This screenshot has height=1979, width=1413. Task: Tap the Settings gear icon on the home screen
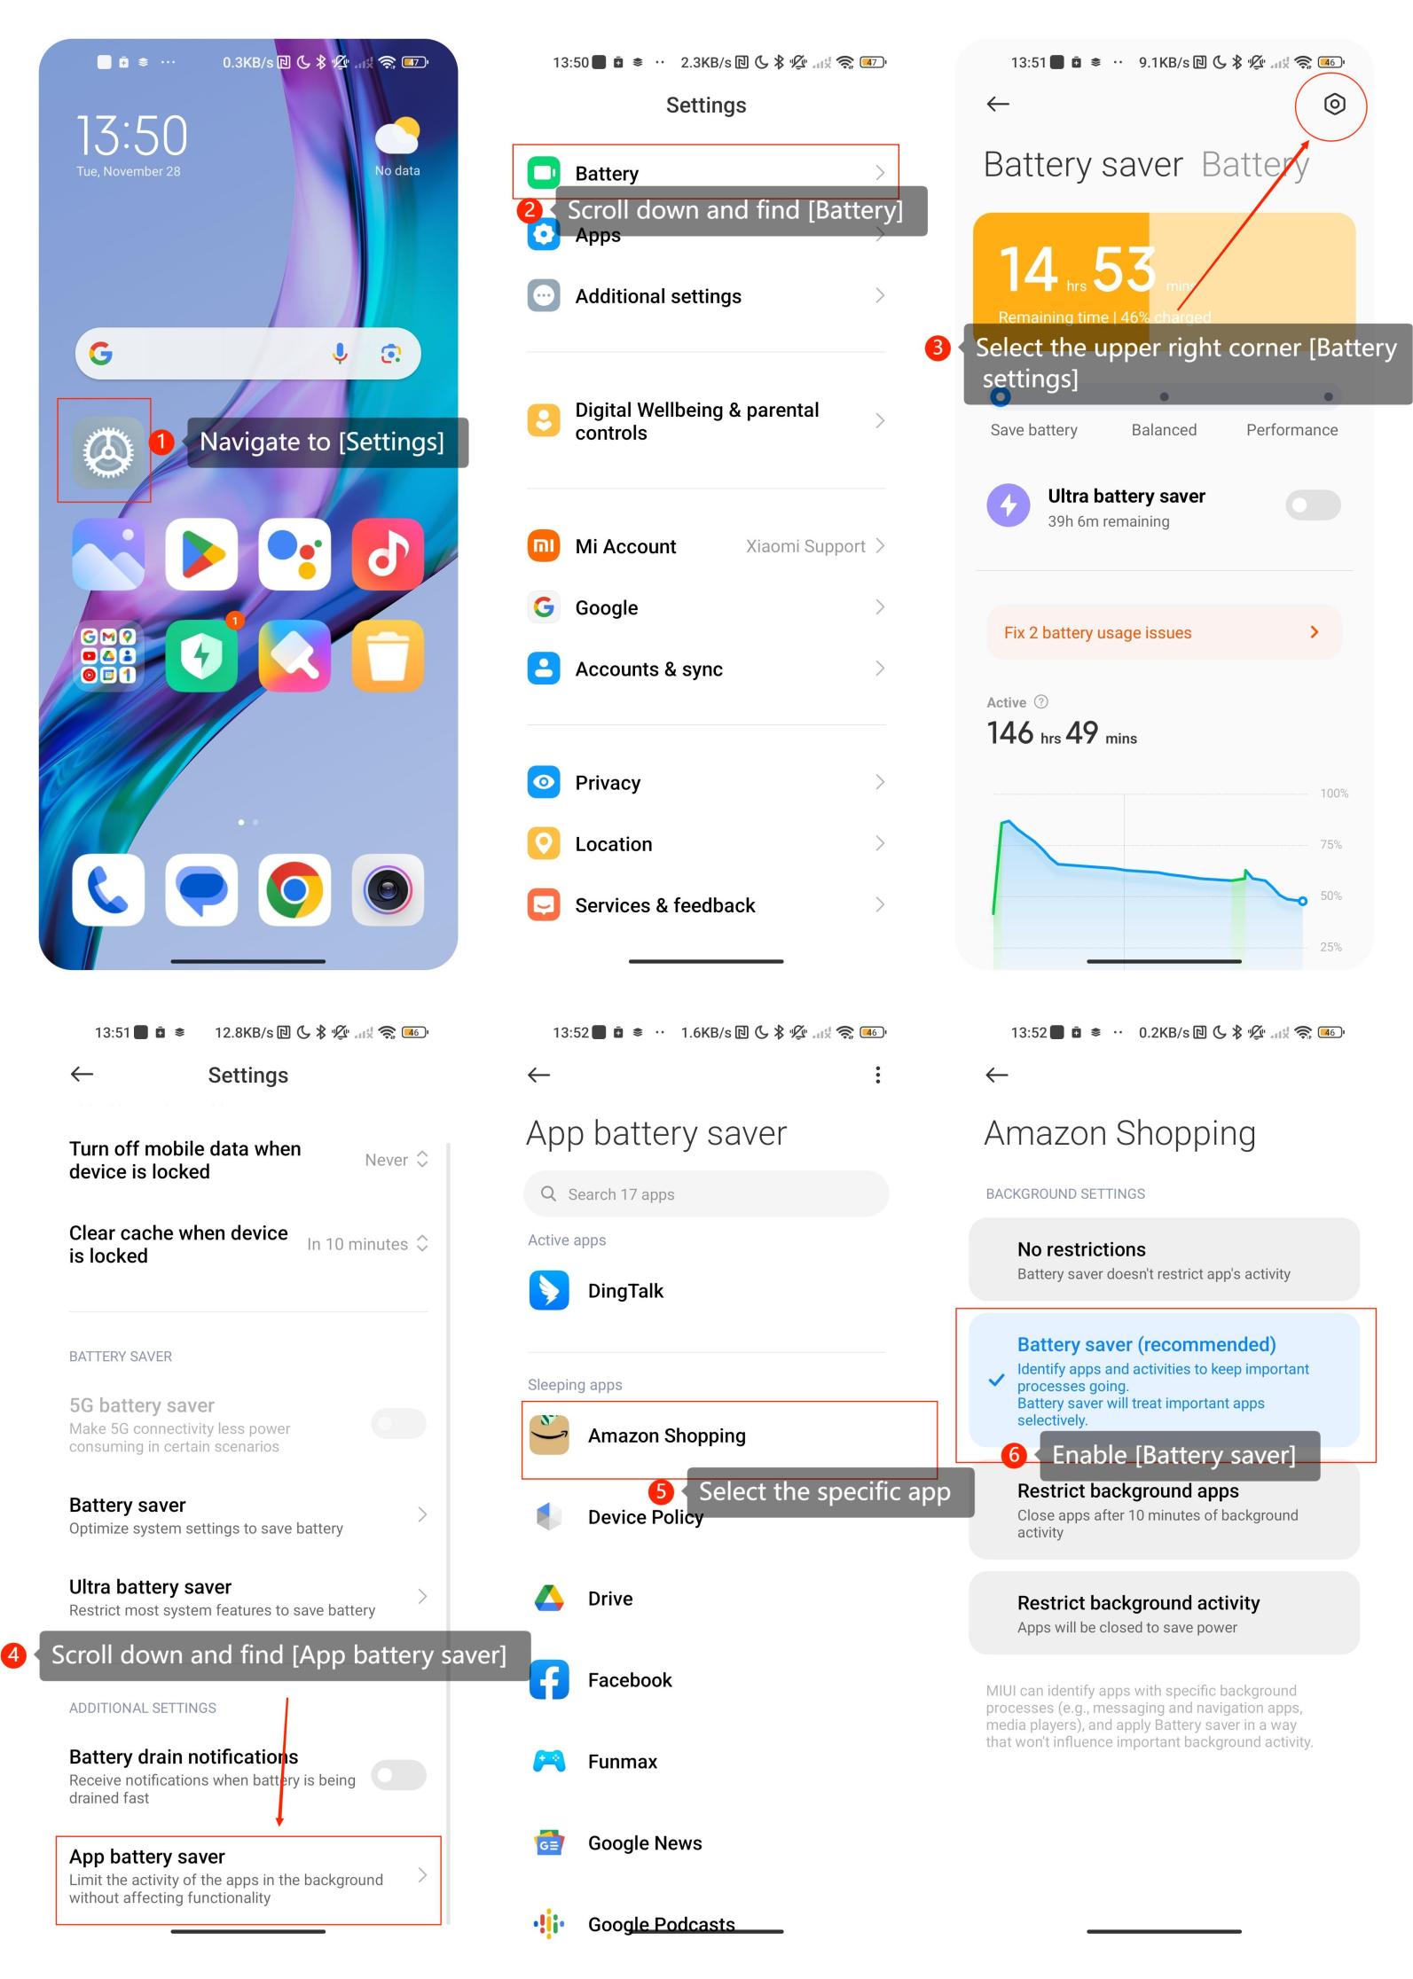[x=108, y=452]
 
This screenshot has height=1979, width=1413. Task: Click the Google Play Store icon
[x=201, y=554]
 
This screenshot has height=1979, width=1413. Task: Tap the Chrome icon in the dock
[x=294, y=889]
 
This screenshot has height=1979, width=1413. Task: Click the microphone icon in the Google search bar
[x=340, y=354]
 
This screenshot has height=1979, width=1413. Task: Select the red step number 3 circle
[x=938, y=348]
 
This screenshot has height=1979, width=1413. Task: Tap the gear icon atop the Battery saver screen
[x=1334, y=105]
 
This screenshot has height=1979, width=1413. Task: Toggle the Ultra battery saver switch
[x=1313, y=505]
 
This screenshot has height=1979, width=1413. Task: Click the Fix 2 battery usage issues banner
[x=1164, y=632]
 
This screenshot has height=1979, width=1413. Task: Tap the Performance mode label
[x=1291, y=430]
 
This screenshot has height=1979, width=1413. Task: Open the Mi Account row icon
[x=544, y=546]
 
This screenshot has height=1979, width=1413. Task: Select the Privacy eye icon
[x=544, y=782]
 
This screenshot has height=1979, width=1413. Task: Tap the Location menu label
[x=614, y=844]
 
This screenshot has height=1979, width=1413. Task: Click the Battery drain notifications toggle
[x=399, y=1774]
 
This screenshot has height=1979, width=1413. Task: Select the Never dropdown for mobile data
[x=396, y=1160]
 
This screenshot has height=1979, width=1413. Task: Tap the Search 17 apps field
[x=706, y=1193]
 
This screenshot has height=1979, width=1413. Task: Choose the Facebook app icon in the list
[x=549, y=1680]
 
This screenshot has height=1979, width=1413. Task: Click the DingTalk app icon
[x=549, y=1291]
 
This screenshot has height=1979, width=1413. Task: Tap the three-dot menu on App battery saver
[x=877, y=1076]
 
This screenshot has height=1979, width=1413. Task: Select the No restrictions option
[x=1164, y=1260]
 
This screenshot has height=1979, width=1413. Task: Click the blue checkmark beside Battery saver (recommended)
[x=997, y=1381]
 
